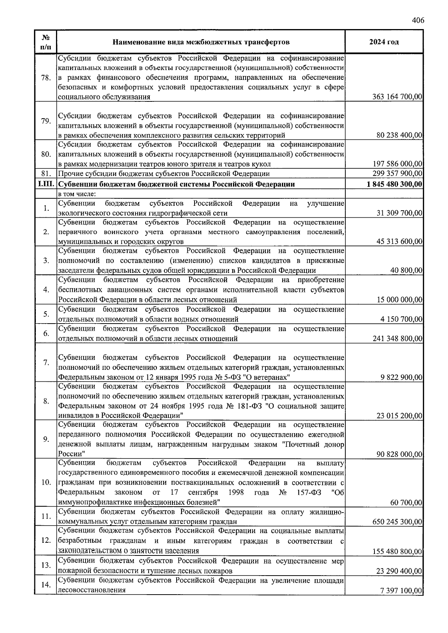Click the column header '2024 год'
click(x=384, y=42)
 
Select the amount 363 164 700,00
click(x=397, y=97)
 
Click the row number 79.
click(x=46, y=121)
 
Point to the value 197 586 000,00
click(x=397, y=164)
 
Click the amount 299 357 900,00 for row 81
click(x=397, y=174)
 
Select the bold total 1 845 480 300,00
click(x=394, y=184)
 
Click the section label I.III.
click(x=46, y=184)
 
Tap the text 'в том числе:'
click(x=77, y=194)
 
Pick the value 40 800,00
click(x=406, y=271)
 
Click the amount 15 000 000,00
click(x=399, y=300)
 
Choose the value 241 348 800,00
click(x=397, y=339)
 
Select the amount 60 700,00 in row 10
click(x=406, y=503)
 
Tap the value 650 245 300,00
click(x=397, y=522)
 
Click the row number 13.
click(x=46, y=566)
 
